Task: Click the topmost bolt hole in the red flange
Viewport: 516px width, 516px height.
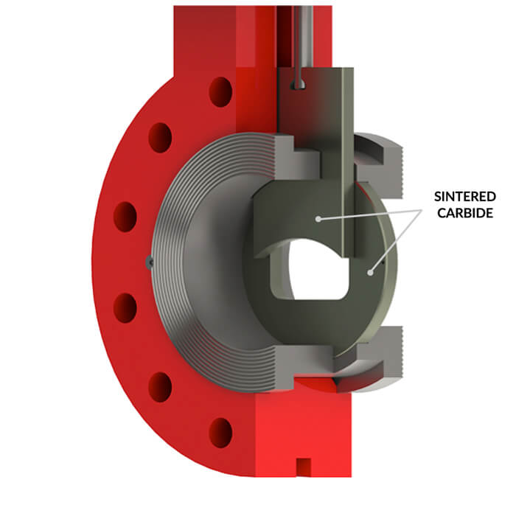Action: pos(220,91)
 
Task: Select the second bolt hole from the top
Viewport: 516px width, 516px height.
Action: pos(160,138)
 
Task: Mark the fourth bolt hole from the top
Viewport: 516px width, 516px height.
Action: pos(125,307)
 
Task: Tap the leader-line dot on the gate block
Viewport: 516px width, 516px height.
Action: pos(317,218)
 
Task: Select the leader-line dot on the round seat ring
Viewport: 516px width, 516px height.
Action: pos(371,272)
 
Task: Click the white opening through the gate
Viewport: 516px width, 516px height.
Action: pos(313,273)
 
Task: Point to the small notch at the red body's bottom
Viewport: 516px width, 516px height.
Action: pos(301,466)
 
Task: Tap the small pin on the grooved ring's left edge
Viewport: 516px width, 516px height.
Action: pos(150,261)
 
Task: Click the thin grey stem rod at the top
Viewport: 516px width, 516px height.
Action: pos(301,37)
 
